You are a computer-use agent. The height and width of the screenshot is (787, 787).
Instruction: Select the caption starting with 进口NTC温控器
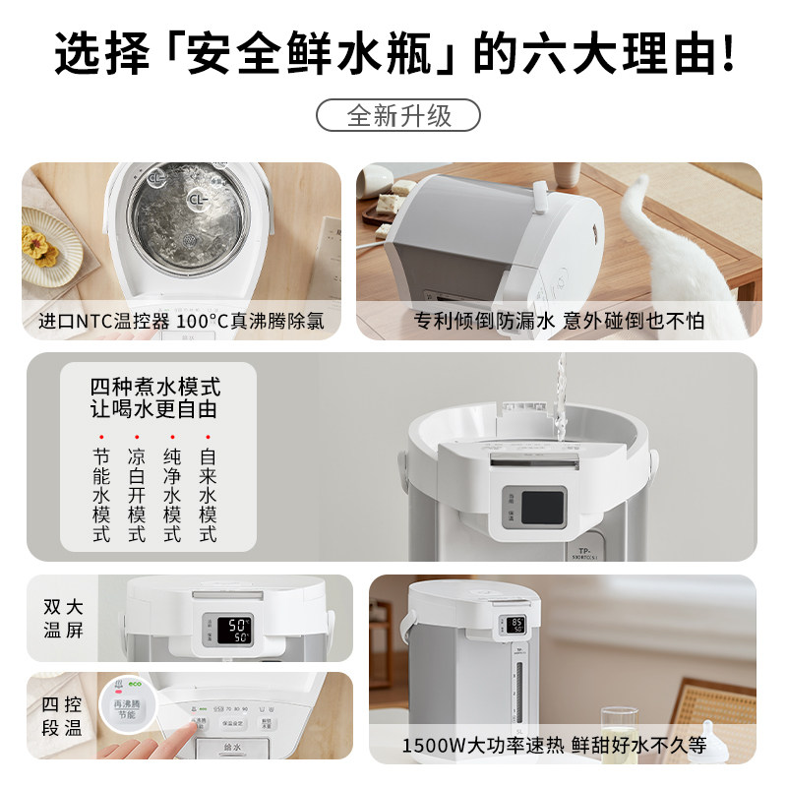coord(181,321)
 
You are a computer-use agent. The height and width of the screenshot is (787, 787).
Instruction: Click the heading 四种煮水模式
coord(154,384)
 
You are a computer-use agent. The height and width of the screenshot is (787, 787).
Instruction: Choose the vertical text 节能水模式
coord(101,496)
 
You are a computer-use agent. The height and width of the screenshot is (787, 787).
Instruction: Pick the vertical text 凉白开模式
coord(137,496)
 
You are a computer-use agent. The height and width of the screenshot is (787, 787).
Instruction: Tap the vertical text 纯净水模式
coord(172,496)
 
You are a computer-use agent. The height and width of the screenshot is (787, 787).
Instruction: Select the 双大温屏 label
coord(63,617)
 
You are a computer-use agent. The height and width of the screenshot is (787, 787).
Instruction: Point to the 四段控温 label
coord(63,717)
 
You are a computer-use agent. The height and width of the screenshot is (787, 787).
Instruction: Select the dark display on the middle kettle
coord(540,508)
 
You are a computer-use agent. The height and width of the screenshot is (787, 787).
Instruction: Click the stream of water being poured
coord(562,403)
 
